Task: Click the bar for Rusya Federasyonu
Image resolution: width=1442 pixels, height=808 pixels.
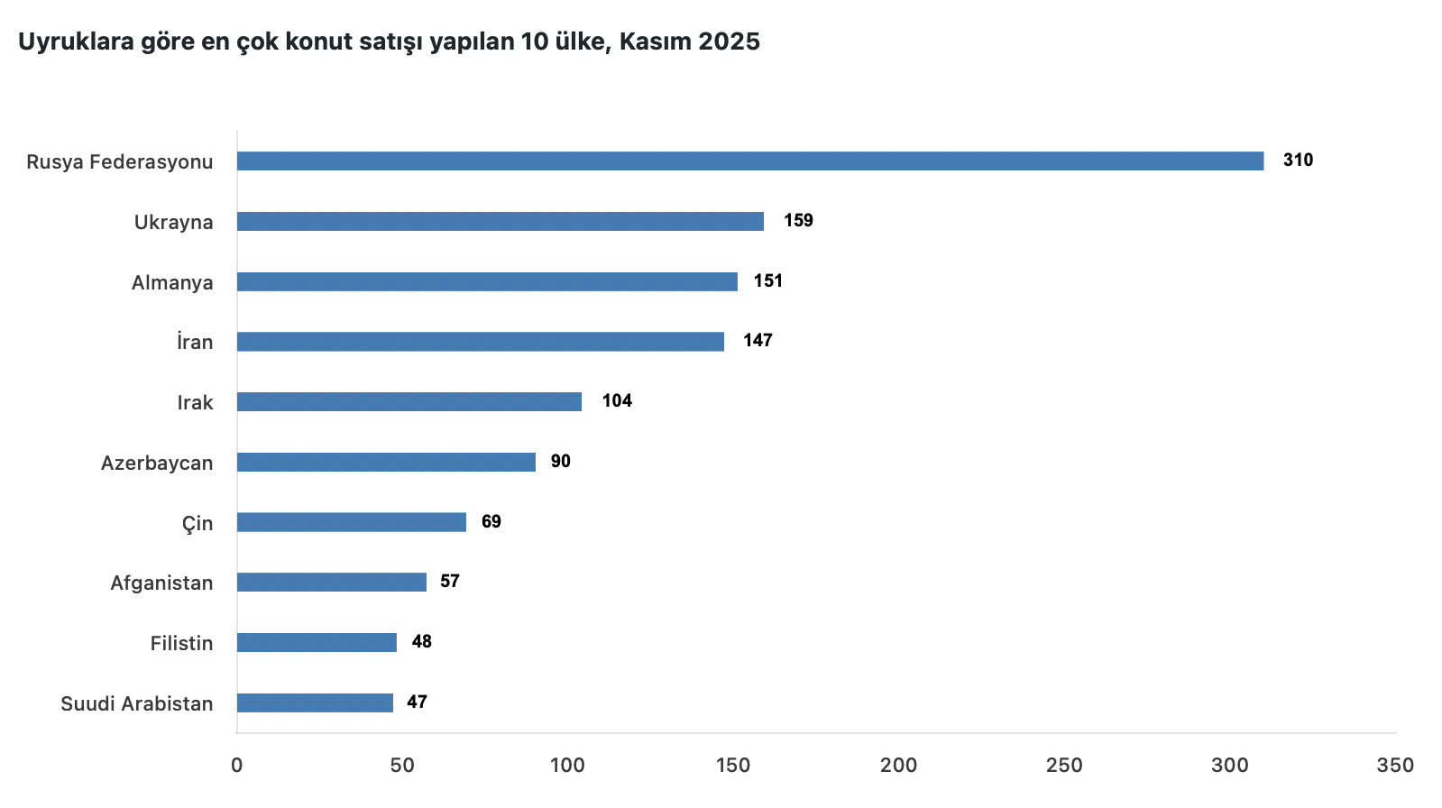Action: point(750,161)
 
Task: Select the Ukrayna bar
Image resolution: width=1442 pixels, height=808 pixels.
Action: point(501,222)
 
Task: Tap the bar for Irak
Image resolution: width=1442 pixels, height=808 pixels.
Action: point(409,402)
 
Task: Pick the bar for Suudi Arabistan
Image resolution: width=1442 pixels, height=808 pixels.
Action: point(315,703)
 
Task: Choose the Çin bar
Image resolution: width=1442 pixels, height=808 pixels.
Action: point(352,523)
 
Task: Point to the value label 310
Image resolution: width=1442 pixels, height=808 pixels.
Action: point(1298,161)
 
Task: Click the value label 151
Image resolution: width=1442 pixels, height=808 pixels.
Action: point(768,281)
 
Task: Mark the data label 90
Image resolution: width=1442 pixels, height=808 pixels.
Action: point(561,462)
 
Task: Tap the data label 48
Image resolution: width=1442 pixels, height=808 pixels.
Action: point(422,642)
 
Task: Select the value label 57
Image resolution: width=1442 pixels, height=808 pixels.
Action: point(450,582)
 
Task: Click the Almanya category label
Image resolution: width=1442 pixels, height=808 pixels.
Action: point(172,283)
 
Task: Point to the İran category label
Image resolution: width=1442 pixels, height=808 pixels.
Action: point(195,343)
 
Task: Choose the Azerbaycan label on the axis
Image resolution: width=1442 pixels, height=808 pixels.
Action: point(157,464)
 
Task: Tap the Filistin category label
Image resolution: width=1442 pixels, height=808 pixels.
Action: point(181,644)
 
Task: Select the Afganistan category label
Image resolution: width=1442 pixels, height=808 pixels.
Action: point(161,583)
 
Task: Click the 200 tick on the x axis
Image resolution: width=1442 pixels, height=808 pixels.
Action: point(898,766)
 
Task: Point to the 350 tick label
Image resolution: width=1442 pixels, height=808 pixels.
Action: point(1395,766)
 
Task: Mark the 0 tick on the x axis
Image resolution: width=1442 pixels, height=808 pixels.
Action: point(237,766)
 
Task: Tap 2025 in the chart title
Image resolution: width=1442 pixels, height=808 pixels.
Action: point(729,41)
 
